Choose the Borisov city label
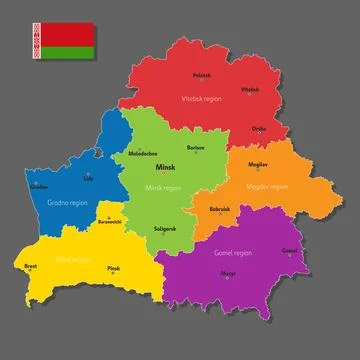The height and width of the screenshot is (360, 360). coord(196,147)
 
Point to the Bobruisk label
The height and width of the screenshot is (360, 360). coord(220,208)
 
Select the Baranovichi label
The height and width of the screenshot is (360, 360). coord(107,222)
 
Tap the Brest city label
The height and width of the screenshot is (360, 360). coord(31,267)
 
